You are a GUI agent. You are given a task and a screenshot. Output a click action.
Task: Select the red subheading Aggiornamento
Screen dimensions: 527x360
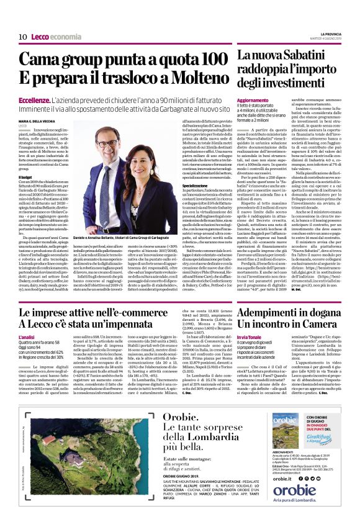click(253, 101)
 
